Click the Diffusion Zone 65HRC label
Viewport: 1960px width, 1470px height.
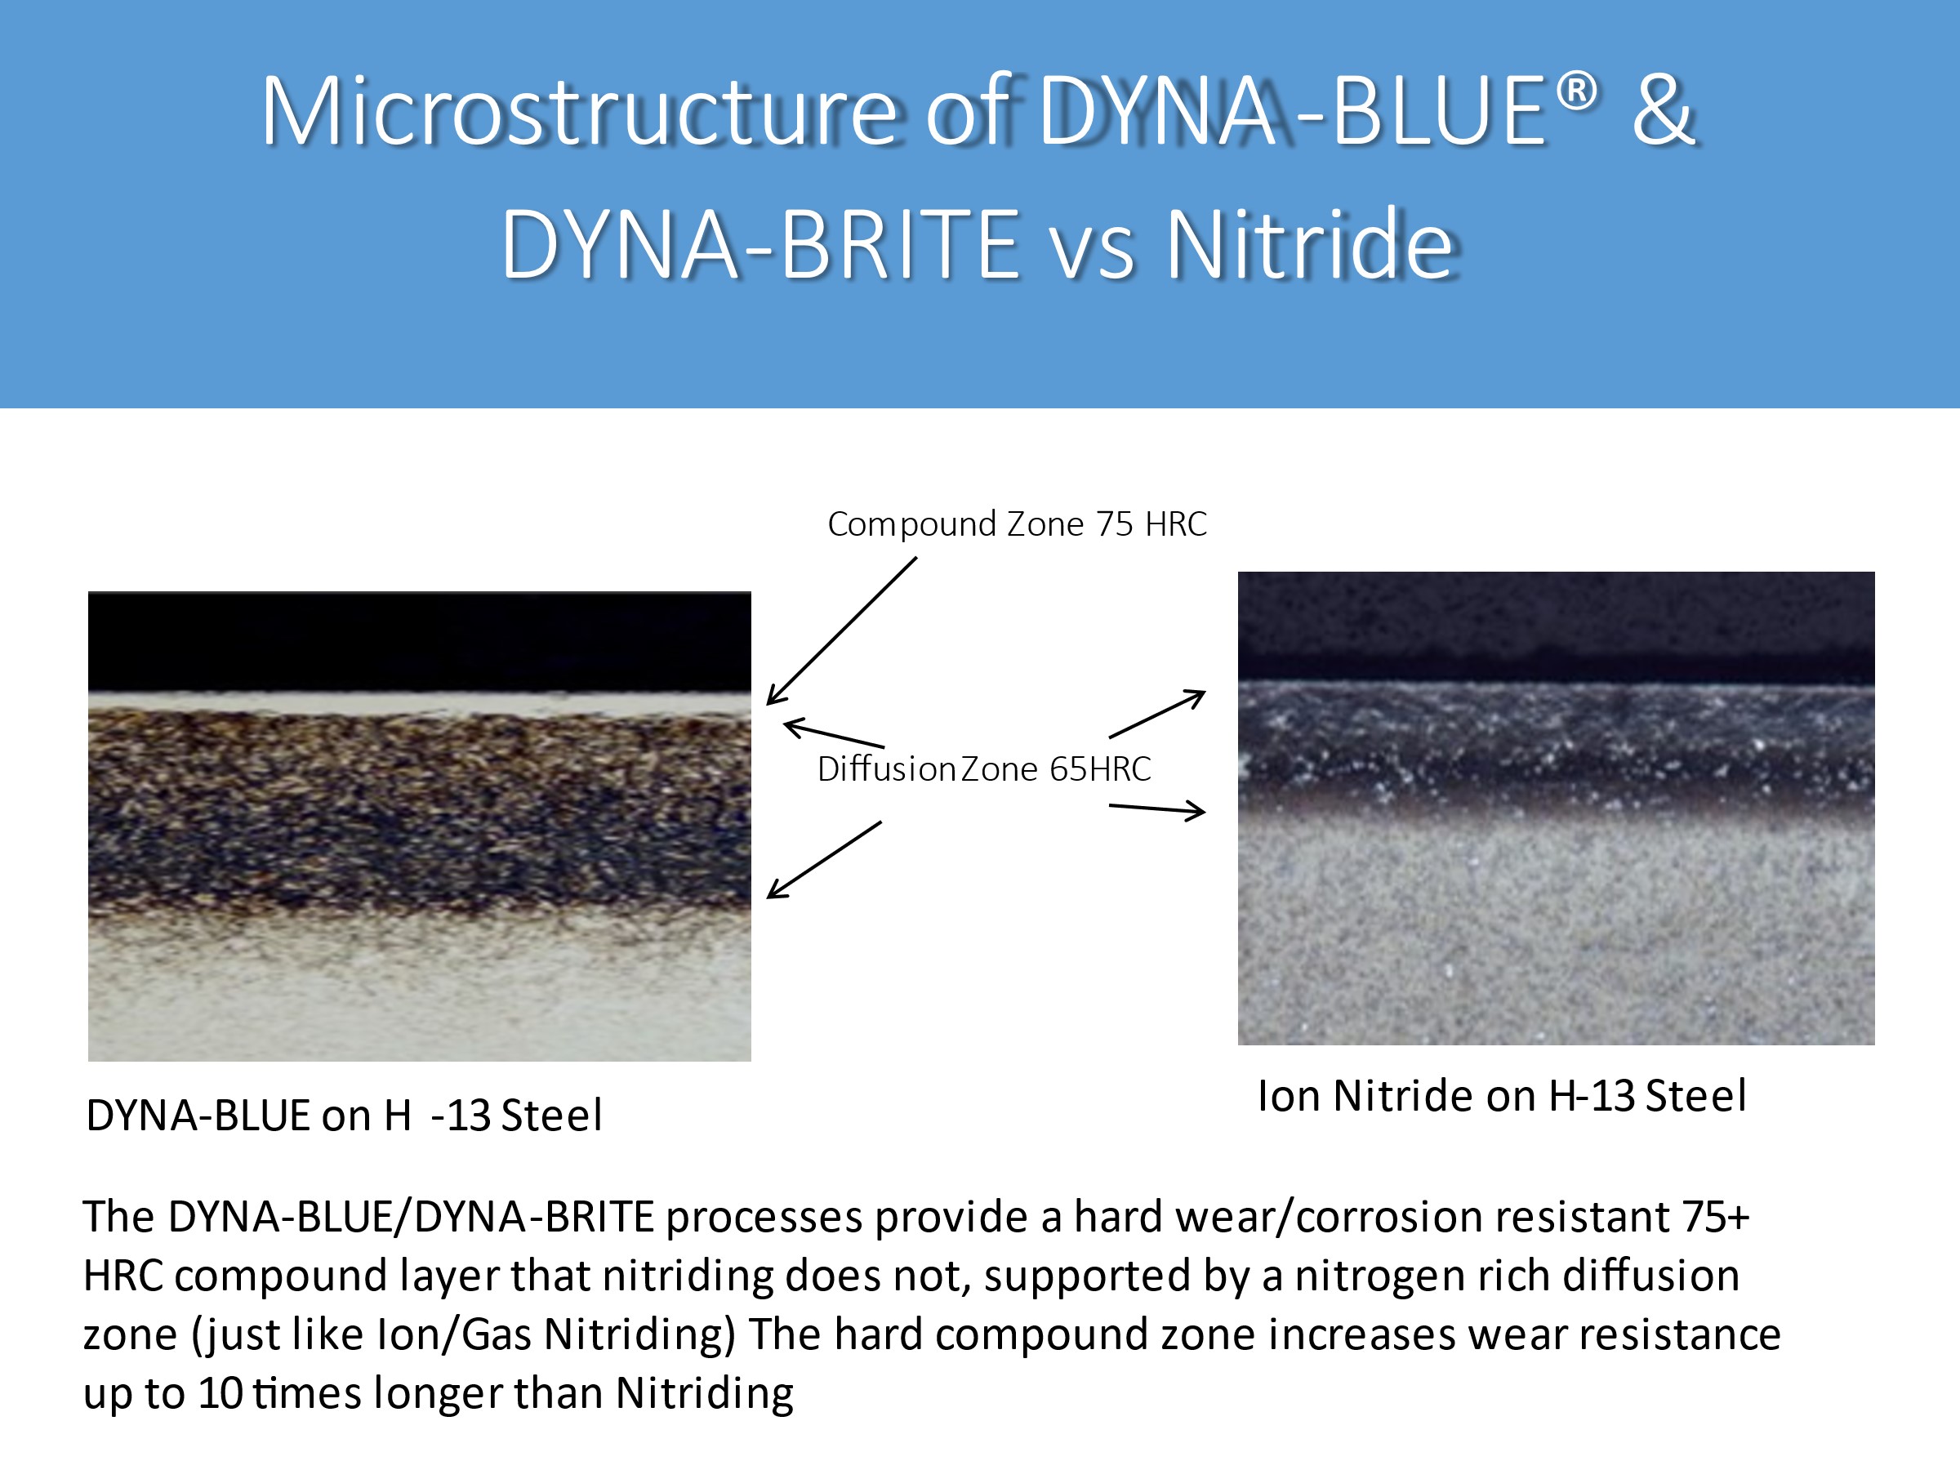pyautogui.click(x=983, y=769)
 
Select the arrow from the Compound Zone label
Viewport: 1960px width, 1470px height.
pyautogui.click(x=842, y=630)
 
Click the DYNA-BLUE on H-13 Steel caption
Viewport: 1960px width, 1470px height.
pyautogui.click(x=344, y=1115)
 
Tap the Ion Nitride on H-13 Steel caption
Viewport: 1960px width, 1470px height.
pyautogui.click(x=1502, y=1096)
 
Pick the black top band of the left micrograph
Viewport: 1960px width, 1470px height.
pyautogui.click(x=420, y=642)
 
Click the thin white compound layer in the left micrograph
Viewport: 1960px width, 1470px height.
pyautogui.click(x=420, y=705)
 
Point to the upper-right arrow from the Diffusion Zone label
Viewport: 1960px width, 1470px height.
pyautogui.click(x=1157, y=715)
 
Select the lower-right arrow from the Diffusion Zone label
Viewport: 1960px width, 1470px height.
pyautogui.click(x=1157, y=809)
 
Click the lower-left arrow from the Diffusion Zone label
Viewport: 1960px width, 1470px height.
pyautogui.click(x=824, y=859)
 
